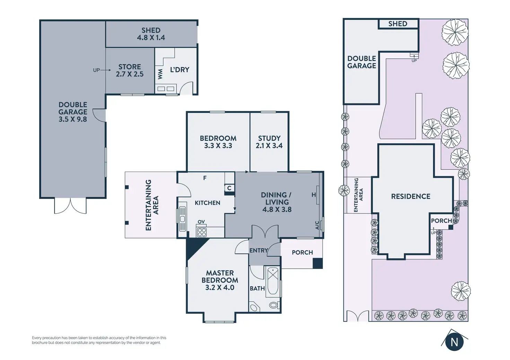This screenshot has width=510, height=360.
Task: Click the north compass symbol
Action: (454, 342)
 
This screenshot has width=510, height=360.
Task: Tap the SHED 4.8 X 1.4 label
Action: (151, 34)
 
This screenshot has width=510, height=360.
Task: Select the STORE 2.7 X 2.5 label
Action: (130, 70)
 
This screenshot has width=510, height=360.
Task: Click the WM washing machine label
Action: (160, 74)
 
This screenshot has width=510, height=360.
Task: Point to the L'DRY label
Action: (179, 70)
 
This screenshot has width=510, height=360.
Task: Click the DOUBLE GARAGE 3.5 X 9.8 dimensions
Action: (73, 112)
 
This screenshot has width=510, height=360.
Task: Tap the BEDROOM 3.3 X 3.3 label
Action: (218, 142)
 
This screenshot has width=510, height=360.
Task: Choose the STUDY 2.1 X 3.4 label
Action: (269, 142)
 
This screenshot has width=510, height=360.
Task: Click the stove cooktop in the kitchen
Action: (202, 232)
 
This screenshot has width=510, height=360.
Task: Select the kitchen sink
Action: (182, 219)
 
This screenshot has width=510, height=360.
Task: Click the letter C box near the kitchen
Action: (229, 188)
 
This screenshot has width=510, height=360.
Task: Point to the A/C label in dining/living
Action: (317, 225)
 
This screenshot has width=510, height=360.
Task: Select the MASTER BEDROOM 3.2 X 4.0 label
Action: (220, 280)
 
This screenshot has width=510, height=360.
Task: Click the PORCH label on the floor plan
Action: (302, 252)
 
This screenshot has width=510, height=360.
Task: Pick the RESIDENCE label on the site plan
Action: (411, 196)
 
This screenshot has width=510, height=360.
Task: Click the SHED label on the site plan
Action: (397, 24)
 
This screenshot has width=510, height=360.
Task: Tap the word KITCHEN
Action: (207, 203)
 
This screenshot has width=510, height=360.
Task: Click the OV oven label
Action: (201, 222)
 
